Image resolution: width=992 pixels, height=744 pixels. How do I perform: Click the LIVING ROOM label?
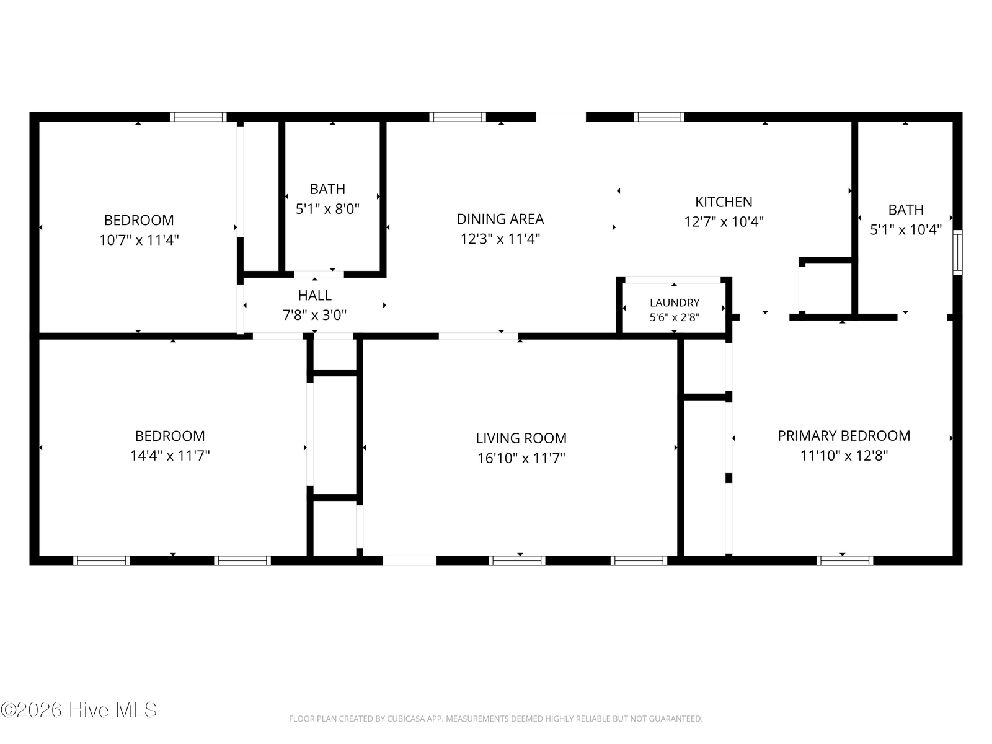pos(521,438)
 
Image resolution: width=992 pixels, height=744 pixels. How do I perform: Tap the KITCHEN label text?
pos(724,202)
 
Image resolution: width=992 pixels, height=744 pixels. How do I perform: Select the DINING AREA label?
pos(500,219)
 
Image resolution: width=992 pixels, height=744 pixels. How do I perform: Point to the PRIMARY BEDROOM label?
pos(844,436)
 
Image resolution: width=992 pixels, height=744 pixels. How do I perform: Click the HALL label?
pos(314,296)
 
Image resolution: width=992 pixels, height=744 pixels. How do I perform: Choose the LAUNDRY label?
pos(675,303)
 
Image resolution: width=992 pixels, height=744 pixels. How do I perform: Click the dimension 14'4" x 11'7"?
pos(170,456)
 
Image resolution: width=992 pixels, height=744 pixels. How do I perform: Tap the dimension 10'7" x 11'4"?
pos(139,240)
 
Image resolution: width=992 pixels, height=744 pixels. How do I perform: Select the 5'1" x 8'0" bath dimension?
pos(327,209)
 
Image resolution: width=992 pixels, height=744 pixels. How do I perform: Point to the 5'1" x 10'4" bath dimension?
pos(906,230)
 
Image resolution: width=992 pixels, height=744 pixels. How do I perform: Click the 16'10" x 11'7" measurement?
pos(521,459)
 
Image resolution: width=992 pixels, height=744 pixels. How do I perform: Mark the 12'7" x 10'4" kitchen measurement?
pos(724,222)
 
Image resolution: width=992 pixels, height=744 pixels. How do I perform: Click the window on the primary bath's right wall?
pos(958,252)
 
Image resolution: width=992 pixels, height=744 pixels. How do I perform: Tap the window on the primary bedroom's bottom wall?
pos(844,560)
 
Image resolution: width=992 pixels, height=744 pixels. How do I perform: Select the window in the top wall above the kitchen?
pos(659,117)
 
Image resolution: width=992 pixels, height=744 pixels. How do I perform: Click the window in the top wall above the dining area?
pos(458,117)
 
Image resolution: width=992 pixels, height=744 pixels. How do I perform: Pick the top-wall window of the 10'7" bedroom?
pos(198,117)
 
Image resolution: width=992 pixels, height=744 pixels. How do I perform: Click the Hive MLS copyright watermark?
pos(79,710)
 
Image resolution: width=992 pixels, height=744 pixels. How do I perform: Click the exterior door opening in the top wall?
pos(561,117)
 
